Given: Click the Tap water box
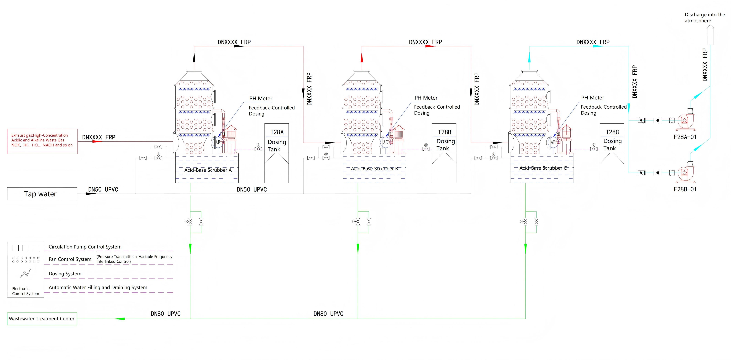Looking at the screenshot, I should (42, 194).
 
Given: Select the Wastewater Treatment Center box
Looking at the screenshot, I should (42, 319).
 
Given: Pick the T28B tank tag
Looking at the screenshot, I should (444, 132).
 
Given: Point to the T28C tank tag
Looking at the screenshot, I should (612, 132).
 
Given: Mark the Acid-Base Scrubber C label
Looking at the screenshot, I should (543, 168).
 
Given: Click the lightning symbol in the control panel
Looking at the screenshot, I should (25, 273).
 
